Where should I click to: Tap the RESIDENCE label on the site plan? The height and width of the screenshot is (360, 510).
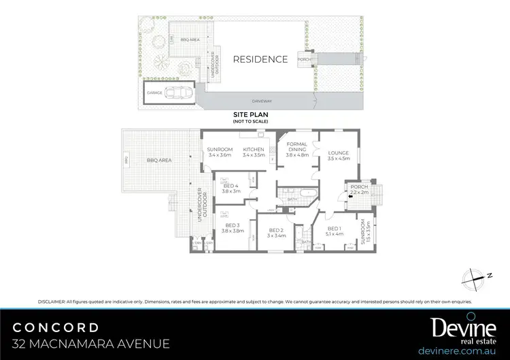(x=260, y=59)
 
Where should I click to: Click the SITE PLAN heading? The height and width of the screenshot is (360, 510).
(x=250, y=116)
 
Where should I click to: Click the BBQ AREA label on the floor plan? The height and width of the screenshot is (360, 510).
(x=158, y=160)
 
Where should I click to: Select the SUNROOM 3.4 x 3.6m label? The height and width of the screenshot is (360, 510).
(x=221, y=152)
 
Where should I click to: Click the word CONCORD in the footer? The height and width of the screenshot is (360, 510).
(x=56, y=327)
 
